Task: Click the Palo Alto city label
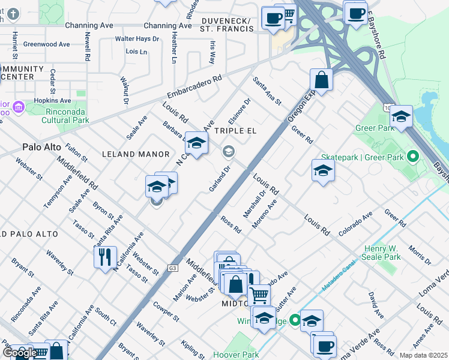pos(42,146)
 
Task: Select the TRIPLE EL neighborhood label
pos(236,131)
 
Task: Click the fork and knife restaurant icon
pos(105,257)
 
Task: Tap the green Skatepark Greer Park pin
pos(412,157)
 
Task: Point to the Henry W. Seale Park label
pos(382,253)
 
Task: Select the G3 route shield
pos(173,268)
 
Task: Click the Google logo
pos(19,353)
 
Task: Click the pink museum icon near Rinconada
pos(19,108)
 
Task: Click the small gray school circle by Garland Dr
pos(228,152)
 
